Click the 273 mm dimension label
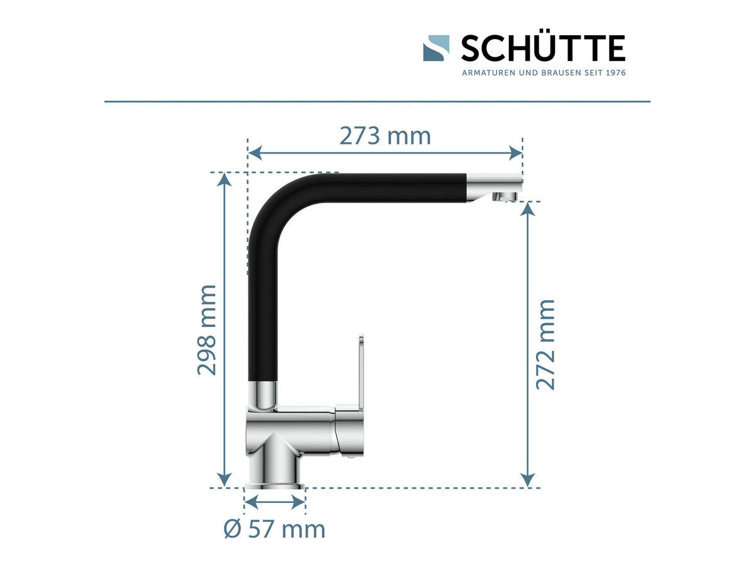tap(385, 136)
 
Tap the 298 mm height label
tap(207, 330)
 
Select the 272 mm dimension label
tap(546, 345)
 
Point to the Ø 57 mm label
tap(274, 530)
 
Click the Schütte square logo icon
tap(436, 48)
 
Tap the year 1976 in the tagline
tap(616, 73)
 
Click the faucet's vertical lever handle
tap(361, 372)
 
